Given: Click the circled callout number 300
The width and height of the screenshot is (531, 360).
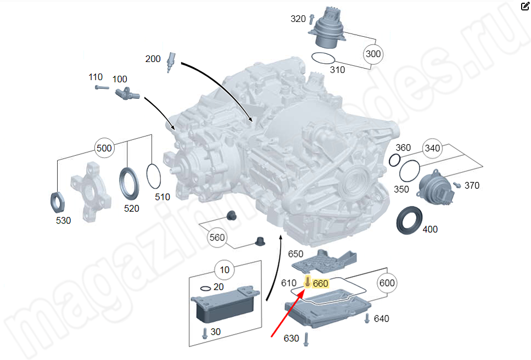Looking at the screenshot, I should coord(373,54).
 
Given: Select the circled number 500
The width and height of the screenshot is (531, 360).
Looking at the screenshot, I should coord(103,148).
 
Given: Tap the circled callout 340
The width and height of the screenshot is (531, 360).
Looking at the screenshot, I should coord(432,148).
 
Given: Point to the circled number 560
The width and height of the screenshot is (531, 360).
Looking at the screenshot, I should coord(217,238).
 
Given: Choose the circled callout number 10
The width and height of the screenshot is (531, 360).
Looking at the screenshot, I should coord(225,270).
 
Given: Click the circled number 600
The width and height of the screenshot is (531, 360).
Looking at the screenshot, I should coord(387,283).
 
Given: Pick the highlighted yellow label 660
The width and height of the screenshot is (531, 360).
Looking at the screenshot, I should coord(320,283).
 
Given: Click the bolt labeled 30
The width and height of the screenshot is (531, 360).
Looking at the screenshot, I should coord(204,333).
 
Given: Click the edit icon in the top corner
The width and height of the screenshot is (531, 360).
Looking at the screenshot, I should coord(524,6).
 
